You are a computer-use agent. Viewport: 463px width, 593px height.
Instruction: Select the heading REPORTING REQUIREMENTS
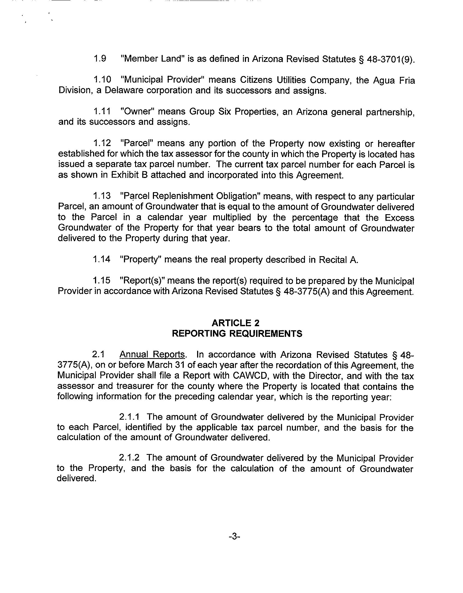click(237, 334)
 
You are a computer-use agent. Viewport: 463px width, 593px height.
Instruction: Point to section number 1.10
click(102, 80)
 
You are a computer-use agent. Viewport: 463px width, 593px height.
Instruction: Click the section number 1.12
click(102, 143)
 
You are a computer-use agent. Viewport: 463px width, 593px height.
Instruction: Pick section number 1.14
click(102, 259)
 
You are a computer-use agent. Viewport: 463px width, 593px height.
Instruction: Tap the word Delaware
click(124, 90)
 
